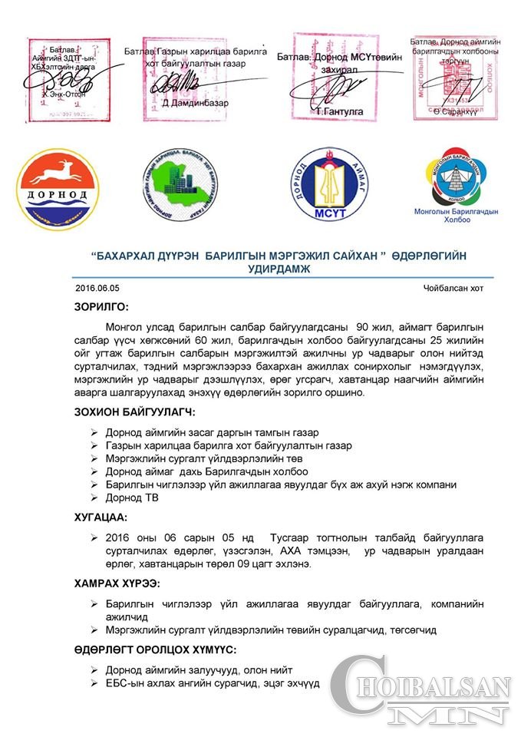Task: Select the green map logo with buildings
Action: [184, 187]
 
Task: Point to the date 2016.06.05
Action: [98, 289]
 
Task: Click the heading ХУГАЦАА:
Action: [100, 518]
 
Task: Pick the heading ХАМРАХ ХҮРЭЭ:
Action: [116, 584]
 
